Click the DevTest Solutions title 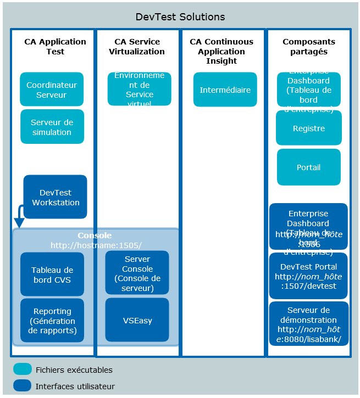(180, 17)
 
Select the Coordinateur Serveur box (52, 89)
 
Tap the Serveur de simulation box (52, 127)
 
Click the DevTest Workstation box (55, 197)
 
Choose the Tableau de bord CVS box (52, 274)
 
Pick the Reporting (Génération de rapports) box (52, 321)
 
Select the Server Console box (137, 273)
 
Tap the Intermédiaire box (225, 89)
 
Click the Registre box (308, 128)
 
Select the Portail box (308, 167)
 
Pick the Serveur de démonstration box (308, 324)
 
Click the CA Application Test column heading (55, 46)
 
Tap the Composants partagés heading (308, 46)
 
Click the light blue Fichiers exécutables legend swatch (23, 369)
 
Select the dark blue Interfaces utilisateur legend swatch (23, 386)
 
